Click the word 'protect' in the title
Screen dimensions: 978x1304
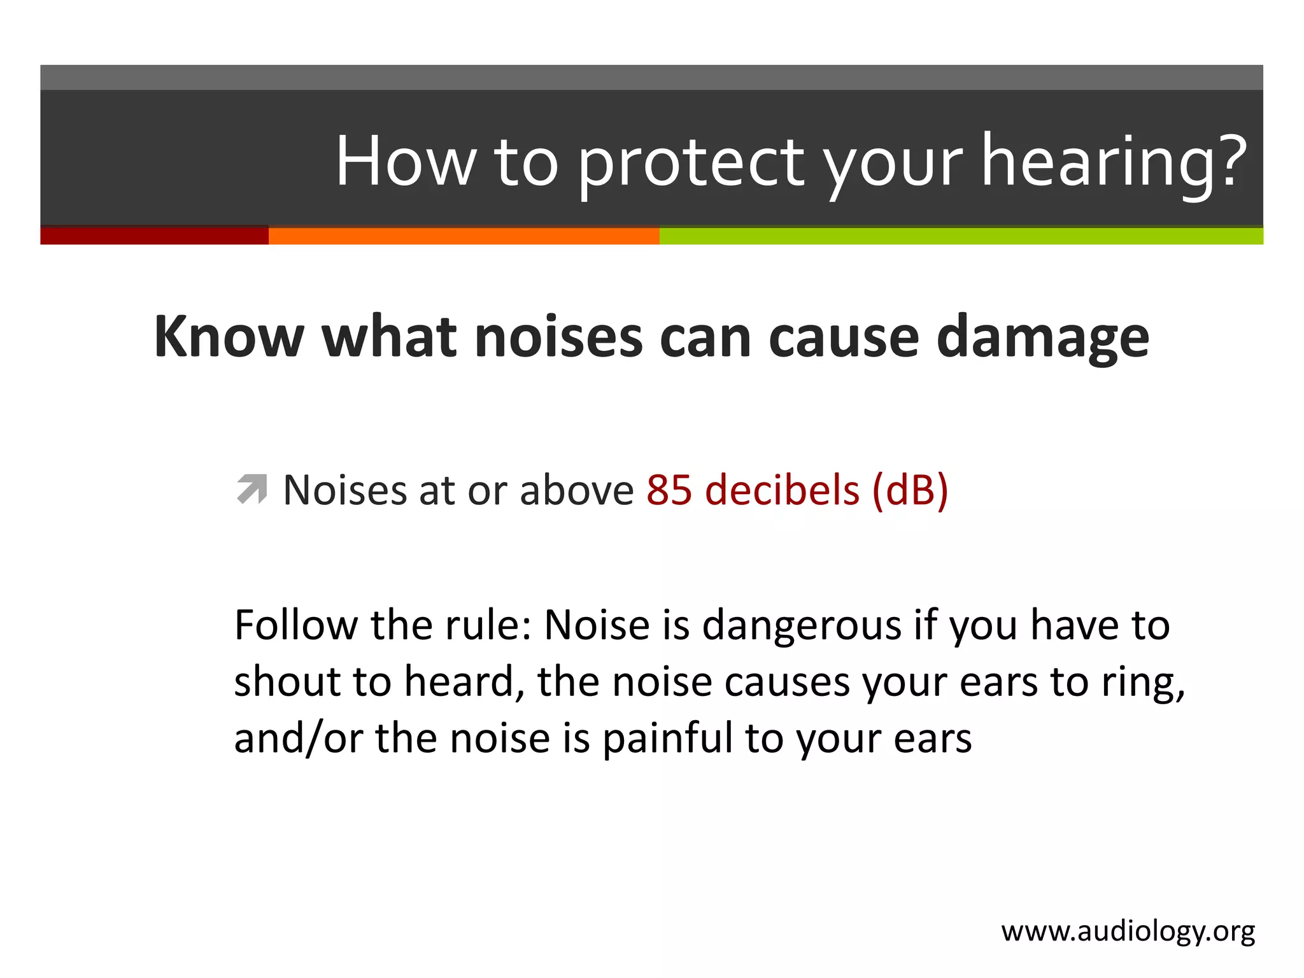pyautogui.click(x=690, y=162)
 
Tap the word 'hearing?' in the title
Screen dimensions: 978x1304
pyautogui.click(x=1114, y=162)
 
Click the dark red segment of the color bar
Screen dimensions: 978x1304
pyautogui.click(x=154, y=236)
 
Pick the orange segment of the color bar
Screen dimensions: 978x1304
pyautogui.click(x=464, y=236)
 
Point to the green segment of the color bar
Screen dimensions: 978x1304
pyautogui.click(x=961, y=236)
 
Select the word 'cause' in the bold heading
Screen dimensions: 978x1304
pyautogui.click(x=844, y=337)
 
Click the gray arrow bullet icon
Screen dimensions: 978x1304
pyautogui.click(x=252, y=490)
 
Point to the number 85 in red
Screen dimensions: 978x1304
pyautogui.click(x=669, y=490)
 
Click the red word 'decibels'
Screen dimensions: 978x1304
pyautogui.click(x=783, y=490)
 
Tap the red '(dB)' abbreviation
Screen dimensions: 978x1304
pyautogui.click(x=910, y=490)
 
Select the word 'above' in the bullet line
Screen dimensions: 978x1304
pyautogui.click(x=576, y=490)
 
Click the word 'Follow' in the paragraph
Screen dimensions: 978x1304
pyautogui.click(x=296, y=625)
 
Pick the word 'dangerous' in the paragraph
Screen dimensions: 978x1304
pyautogui.click(x=802, y=626)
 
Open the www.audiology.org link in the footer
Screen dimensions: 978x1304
pyautogui.click(x=1128, y=932)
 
